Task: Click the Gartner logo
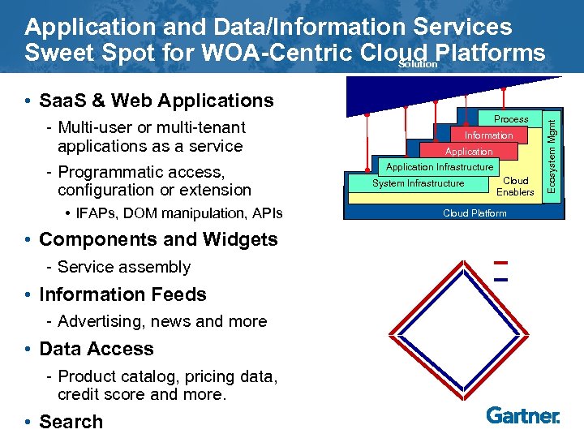pyautogui.click(x=523, y=415)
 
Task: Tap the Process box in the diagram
pyautogui.click(x=511, y=118)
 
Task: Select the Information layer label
pyautogui.click(x=488, y=135)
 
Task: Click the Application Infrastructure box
pyautogui.click(x=440, y=167)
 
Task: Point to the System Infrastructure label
pyautogui.click(x=418, y=183)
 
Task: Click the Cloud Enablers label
pyautogui.click(x=515, y=187)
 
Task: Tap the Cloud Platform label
pyautogui.click(x=474, y=213)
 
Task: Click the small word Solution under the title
pyautogui.click(x=419, y=64)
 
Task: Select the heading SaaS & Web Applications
pyautogui.click(x=156, y=101)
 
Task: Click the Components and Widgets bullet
pyautogui.click(x=158, y=239)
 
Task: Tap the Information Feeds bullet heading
pyautogui.click(x=122, y=294)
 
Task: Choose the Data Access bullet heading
pyautogui.click(x=96, y=349)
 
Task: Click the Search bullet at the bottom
pyautogui.click(x=71, y=422)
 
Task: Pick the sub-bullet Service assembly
pyautogui.click(x=124, y=267)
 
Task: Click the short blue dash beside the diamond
pyautogui.click(x=500, y=279)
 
